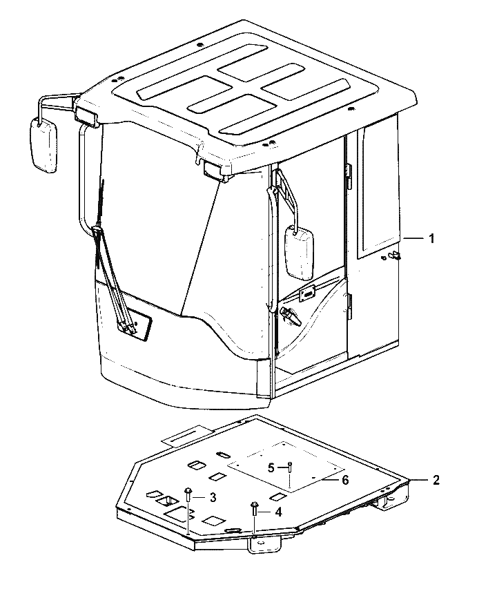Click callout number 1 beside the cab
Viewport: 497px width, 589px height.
click(431, 238)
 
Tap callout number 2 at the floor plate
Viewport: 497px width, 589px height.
click(436, 480)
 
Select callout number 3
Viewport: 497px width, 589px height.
click(213, 498)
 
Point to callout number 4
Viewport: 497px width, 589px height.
click(278, 512)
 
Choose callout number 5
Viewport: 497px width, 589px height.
click(271, 468)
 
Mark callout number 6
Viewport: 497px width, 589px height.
click(345, 480)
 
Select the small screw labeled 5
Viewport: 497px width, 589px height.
click(290, 467)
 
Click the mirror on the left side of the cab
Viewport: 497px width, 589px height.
click(43, 145)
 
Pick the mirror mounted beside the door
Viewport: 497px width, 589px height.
click(299, 253)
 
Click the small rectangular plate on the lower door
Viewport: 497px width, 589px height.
click(306, 293)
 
